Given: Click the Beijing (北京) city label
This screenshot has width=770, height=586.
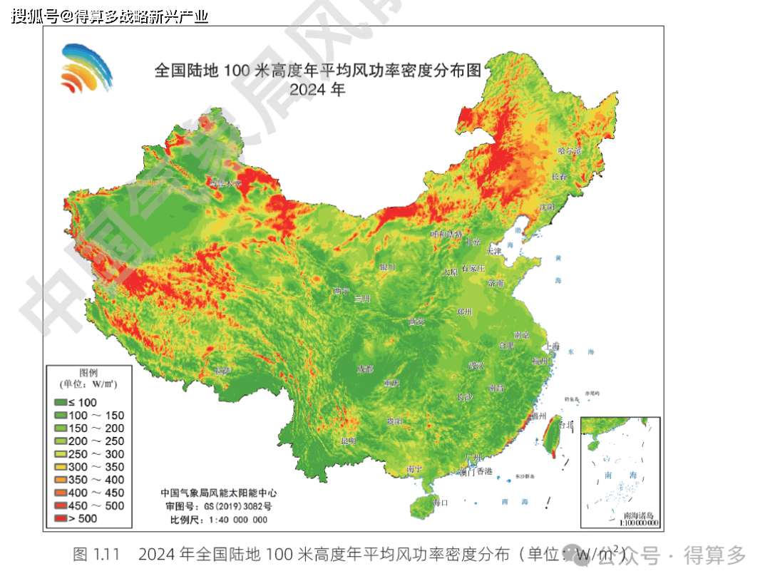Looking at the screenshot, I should pyautogui.click(x=473, y=242).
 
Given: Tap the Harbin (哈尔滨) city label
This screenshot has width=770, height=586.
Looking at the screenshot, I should pyautogui.click(x=570, y=151).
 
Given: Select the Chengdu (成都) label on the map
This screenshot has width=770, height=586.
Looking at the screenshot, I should pyautogui.click(x=365, y=369).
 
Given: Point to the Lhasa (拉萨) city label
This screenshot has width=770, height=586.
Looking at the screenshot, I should pyautogui.click(x=223, y=371).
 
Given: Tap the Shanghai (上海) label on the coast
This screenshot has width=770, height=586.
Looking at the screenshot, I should pyautogui.click(x=552, y=346).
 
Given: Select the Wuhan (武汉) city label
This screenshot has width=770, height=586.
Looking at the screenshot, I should pyautogui.click(x=476, y=365).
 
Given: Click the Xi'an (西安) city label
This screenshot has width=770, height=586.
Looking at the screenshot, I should pyautogui.click(x=416, y=322).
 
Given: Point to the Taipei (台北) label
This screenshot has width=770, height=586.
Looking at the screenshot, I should pyautogui.click(x=565, y=424).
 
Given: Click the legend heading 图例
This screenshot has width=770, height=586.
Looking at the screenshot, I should pyautogui.click(x=88, y=373).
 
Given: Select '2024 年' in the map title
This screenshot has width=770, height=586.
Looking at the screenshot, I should pyautogui.click(x=317, y=90).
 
